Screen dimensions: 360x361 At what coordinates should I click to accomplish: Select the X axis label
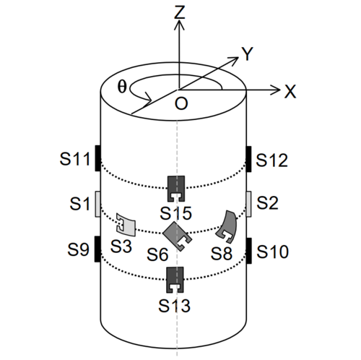[290, 91]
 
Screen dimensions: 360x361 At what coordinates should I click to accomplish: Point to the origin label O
[181, 105]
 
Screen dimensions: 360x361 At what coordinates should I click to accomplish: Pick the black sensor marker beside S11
[96, 158]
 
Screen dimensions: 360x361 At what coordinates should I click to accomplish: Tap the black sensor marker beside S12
[249, 158]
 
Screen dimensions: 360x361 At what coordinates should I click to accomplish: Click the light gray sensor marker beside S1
[97, 204]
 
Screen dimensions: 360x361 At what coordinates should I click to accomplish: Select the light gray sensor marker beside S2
[249, 204]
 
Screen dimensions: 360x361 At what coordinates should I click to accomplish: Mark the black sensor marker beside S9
[97, 249]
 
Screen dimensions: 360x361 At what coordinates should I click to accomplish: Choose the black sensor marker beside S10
[249, 249]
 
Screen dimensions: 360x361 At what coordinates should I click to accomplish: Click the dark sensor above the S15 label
[176, 188]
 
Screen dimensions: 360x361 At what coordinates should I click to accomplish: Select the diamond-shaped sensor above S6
[175, 233]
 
